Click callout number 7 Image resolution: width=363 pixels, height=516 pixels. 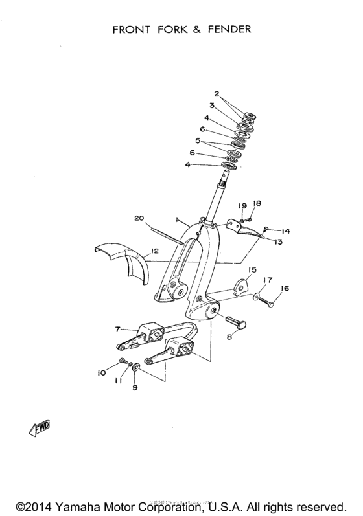[117, 330]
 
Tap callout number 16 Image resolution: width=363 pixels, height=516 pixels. [285, 289]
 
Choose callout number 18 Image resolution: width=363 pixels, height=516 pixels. [256, 203]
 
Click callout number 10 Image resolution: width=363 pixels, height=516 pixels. [101, 372]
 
